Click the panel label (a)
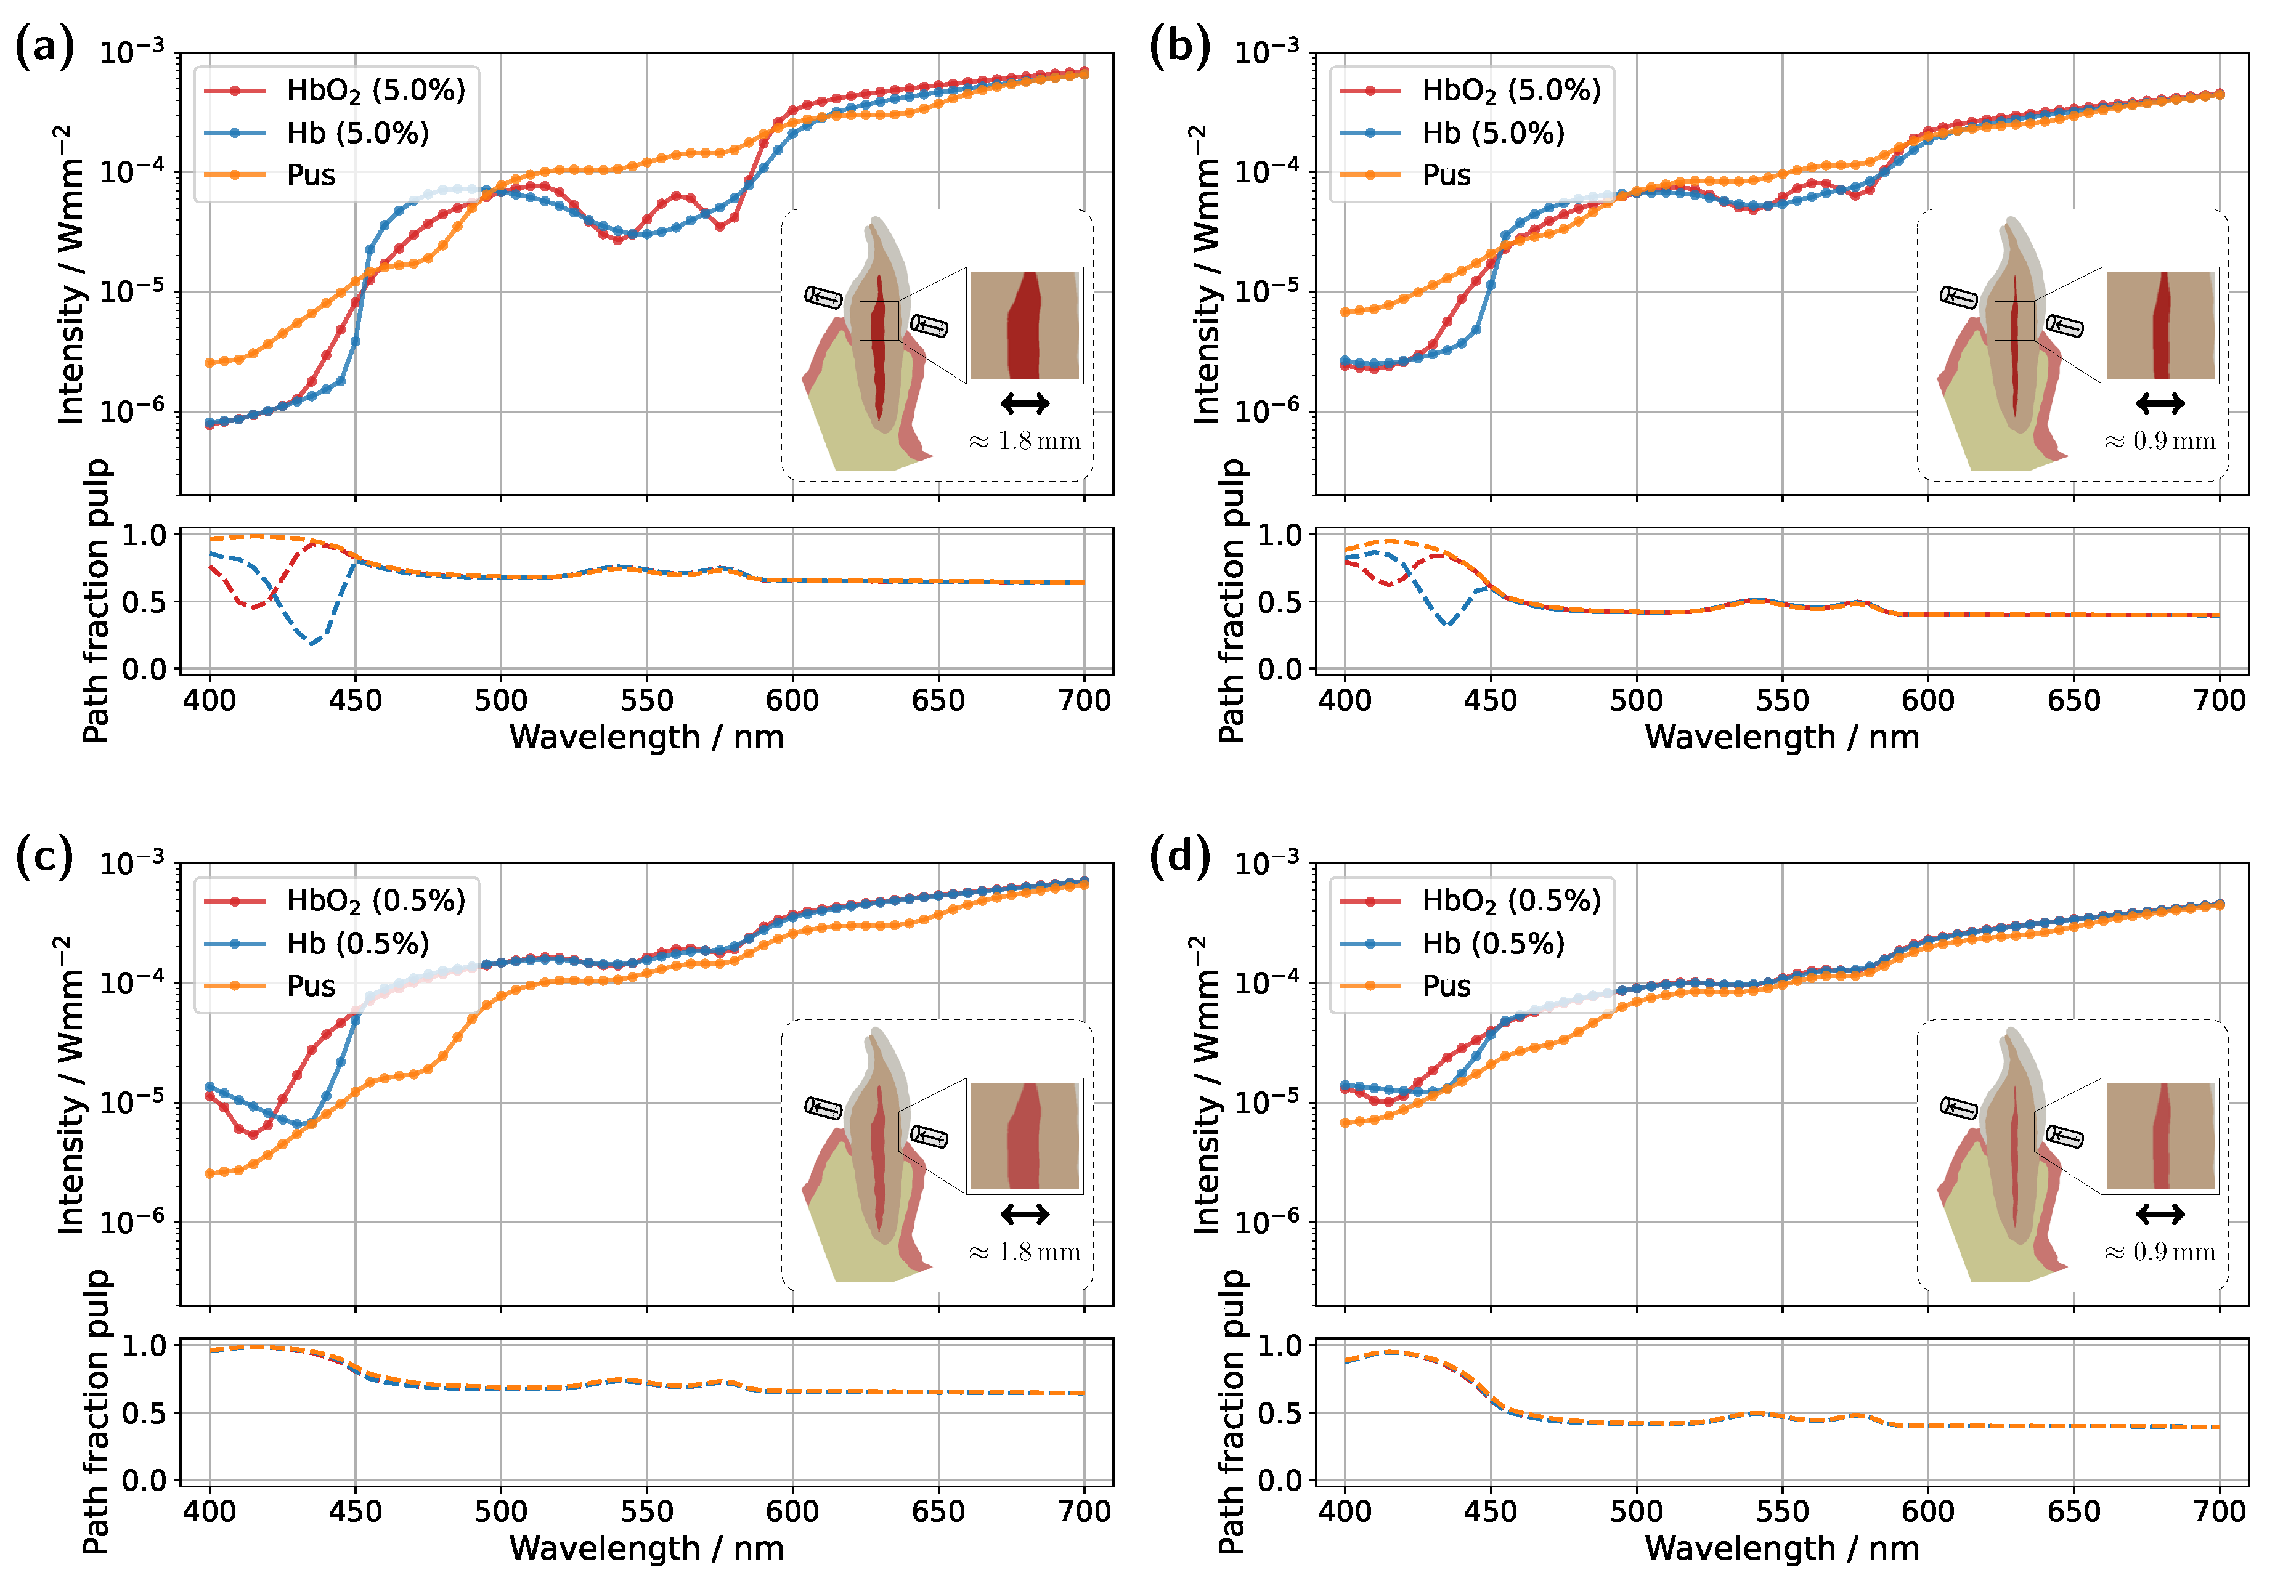[x=44, y=47]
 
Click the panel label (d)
[x=1179, y=856]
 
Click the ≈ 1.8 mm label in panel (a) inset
[x=1025, y=441]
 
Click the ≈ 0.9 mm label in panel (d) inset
[x=2160, y=1252]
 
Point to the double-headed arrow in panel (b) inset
[x=2160, y=403]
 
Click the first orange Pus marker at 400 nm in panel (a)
[x=209, y=363]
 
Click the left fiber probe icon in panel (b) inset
[x=1958, y=297]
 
